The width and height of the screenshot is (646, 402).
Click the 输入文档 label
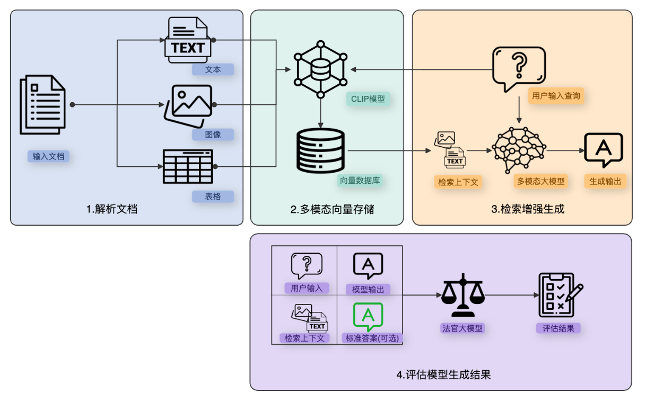[x=48, y=156]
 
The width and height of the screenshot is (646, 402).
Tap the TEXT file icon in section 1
[x=188, y=40]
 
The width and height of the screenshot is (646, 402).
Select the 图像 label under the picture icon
[x=213, y=134]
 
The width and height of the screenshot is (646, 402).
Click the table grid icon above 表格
[x=188, y=166]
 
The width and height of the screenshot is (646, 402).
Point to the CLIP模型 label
[x=368, y=99]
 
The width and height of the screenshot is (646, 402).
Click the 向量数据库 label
[x=360, y=180]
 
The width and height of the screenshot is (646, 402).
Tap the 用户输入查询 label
[x=556, y=96]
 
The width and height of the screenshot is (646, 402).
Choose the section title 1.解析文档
[x=112, y=209]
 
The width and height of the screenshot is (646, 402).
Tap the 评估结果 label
[x=558, y=328]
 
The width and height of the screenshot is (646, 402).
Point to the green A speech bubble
[x=368, y=316]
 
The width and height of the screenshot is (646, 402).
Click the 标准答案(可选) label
[x=372, y=338]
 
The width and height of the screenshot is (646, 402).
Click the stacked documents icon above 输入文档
[x=42, y=104]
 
